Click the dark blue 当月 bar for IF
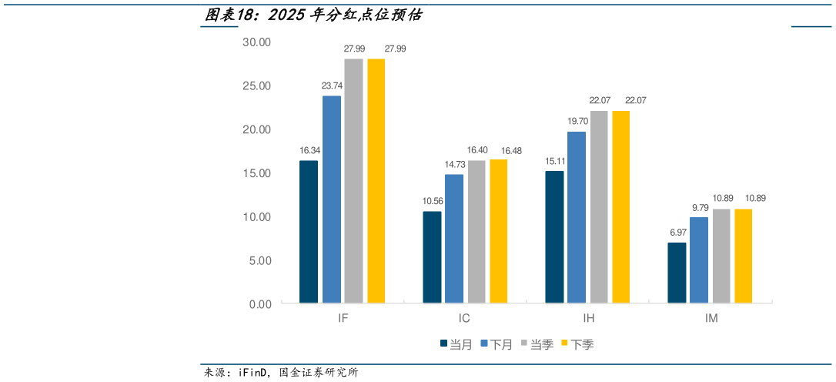(x=309, y=232)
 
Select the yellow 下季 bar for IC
(x=499, y=231)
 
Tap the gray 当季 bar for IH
(x=599, y=207)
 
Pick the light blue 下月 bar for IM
(x=699, y=260)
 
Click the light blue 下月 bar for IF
(x=332, y=199)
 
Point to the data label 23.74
(x=333, y=85)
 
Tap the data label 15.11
(x=555, y=161)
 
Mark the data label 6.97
(x=677, y=233)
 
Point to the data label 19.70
(x=577, y=121)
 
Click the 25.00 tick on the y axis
(x=256, y=85)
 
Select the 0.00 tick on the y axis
(x=259, y=304)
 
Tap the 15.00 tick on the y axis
(x=256, y=173)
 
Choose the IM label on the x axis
(x=711, y=318)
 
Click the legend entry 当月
(x=456, y=344)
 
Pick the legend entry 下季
(x=577, y=344)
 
